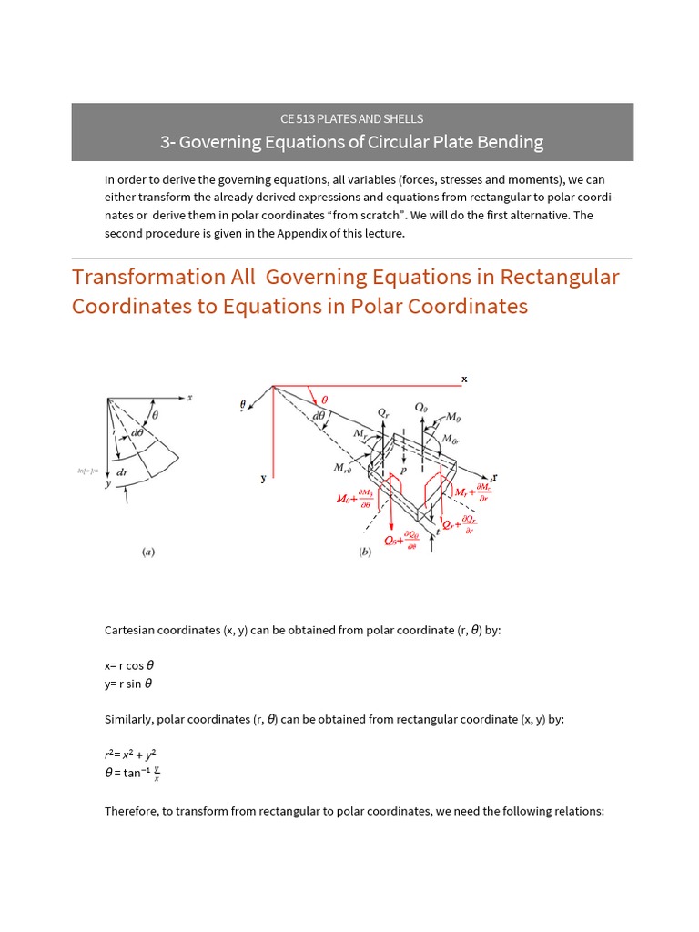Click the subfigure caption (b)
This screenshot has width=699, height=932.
point(365,551)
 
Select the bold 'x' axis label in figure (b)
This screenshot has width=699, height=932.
point(464,378)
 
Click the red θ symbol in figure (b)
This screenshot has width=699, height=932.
point(325,400)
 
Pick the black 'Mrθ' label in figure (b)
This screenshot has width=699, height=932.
point(344,470)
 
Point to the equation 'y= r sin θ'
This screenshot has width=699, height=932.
point(128,684)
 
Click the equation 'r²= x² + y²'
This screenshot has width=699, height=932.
point(136,755)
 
